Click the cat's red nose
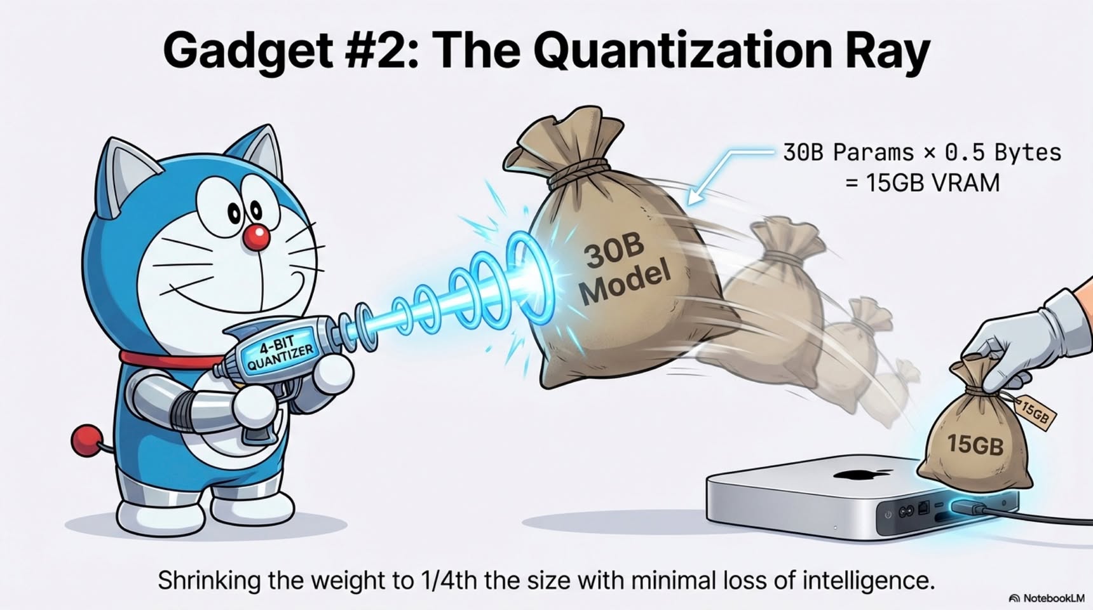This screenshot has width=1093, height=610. pos(256,238)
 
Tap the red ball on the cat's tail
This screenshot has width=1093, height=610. pos(86,441)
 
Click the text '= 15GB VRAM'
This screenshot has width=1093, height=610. pos(923,183)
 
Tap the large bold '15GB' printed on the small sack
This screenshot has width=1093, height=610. pos(975,444)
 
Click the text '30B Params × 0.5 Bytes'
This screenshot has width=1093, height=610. pos(922,152)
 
